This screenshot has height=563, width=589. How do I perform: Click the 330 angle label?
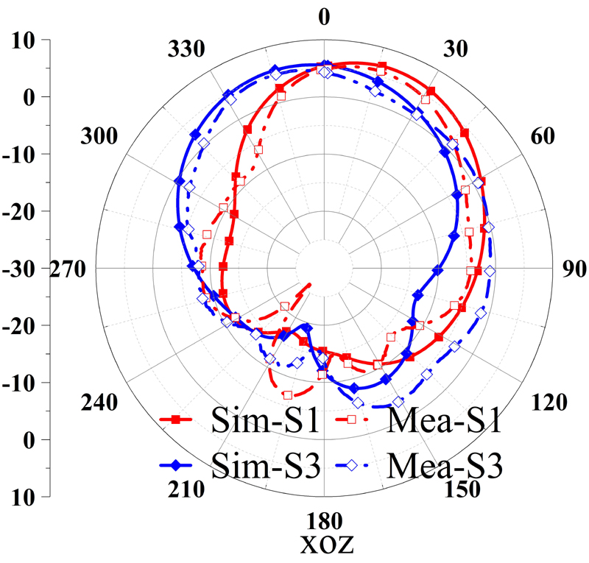point(185,50)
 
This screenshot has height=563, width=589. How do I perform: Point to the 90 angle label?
point(571,269)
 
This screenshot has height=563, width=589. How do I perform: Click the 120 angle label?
point(549,402)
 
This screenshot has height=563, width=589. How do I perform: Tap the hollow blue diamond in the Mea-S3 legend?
point(352,465)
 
